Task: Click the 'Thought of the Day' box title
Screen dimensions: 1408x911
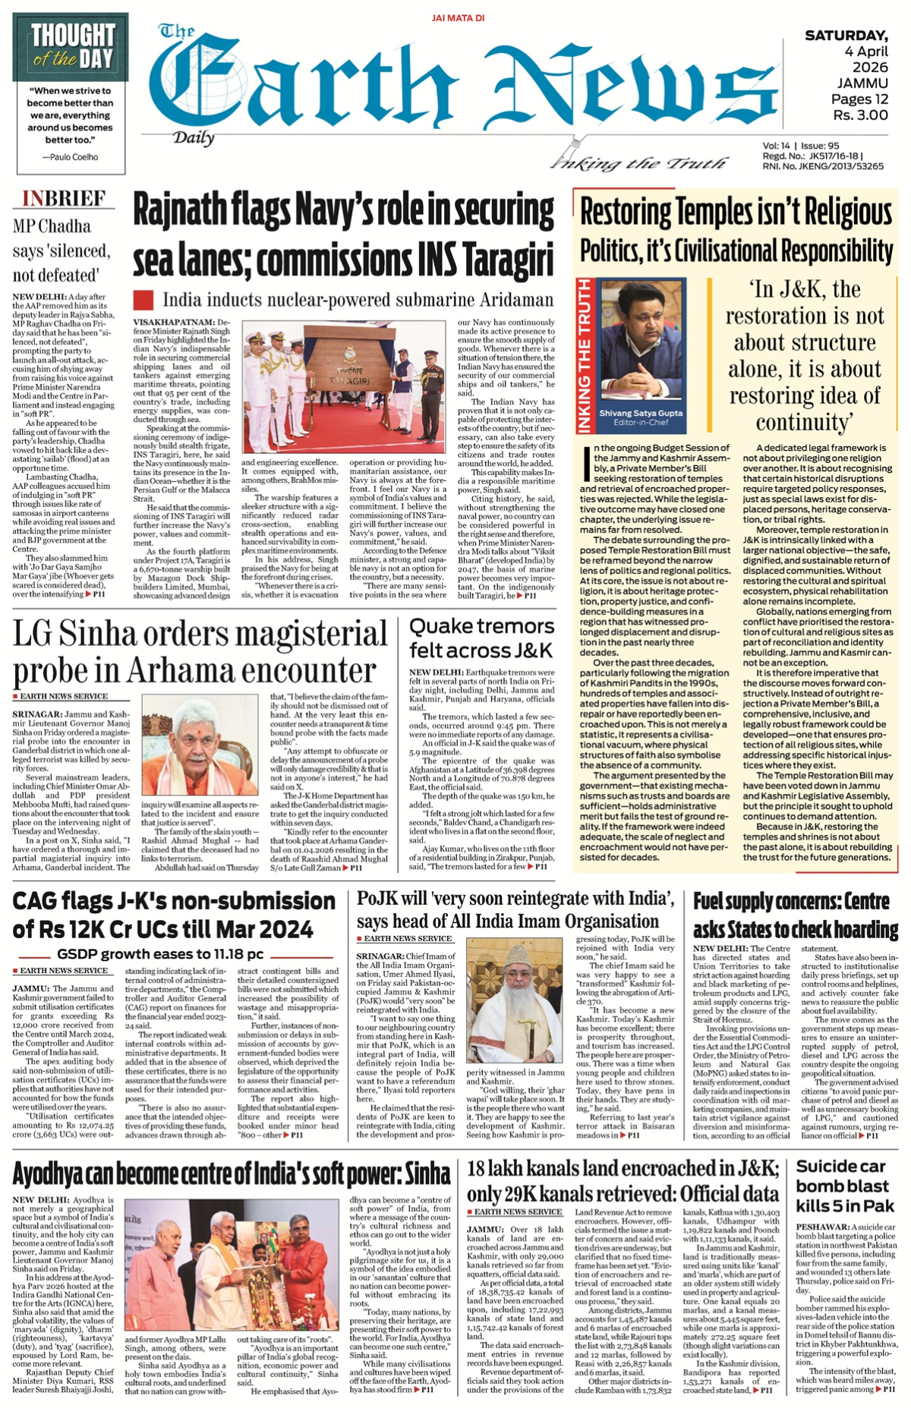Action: [x=72, y=46]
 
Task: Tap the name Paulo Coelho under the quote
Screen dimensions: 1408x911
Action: [x=74, y=156]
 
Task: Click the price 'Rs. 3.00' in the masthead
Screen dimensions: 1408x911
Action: [x=860, y=115]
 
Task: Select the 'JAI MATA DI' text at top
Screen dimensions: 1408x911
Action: [x=458, y=17]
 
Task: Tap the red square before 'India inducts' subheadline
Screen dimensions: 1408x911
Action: [x=143, y=299]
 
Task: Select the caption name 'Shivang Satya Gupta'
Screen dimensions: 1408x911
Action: [x=641, y=413]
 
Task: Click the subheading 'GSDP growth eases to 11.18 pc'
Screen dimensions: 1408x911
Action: [x=160, y=954]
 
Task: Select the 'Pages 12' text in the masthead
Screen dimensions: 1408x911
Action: [x=859, y=99]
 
